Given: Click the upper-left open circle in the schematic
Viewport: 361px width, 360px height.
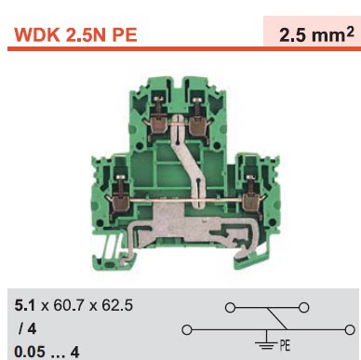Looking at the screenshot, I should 222,306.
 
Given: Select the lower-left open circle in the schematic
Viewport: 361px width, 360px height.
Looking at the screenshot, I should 186,328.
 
